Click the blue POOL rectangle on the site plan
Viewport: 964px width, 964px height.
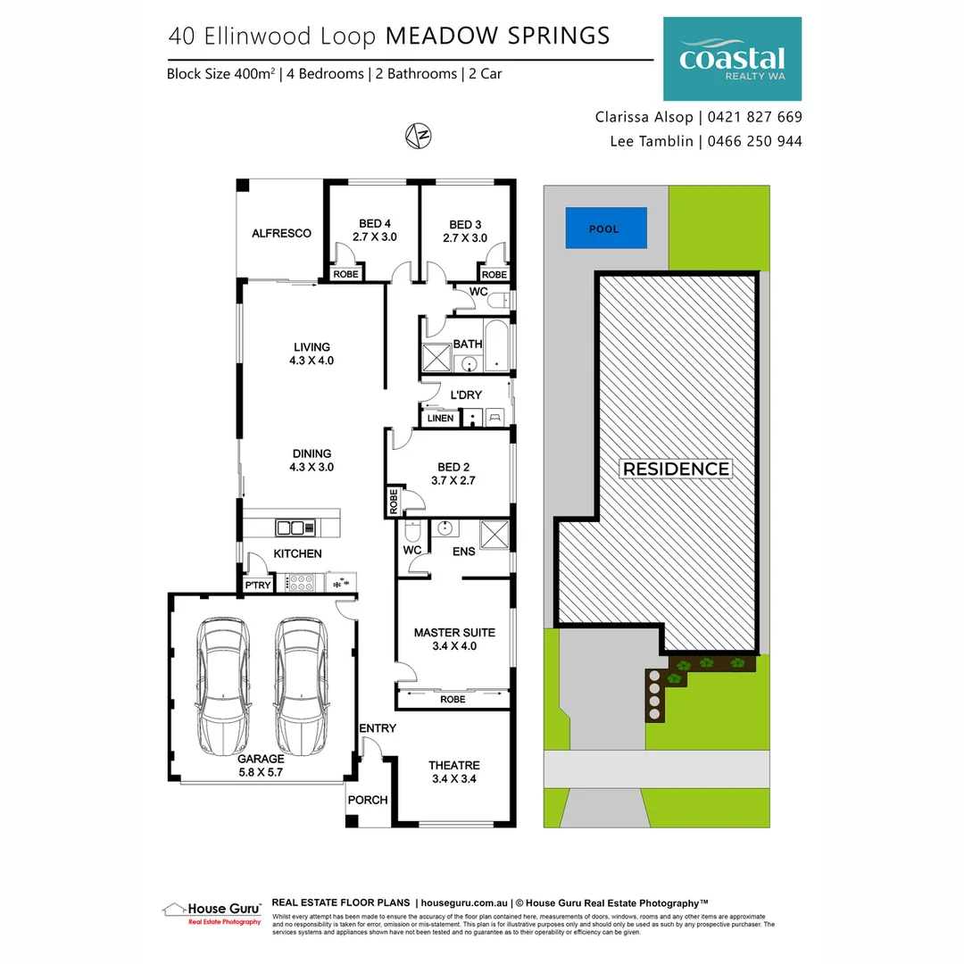(604, 229)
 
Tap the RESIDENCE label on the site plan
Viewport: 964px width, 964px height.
(676, 469)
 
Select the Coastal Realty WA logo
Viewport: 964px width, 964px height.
(731, 59)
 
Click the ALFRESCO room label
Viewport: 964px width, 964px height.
(281, 233)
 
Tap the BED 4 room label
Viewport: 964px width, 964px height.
(375, 224)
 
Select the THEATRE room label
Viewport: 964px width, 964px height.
(453, 765)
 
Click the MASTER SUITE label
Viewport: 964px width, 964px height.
(453, 633)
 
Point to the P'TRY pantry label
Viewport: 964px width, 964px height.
(257, 586)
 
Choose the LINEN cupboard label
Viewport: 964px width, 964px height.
(441, 418)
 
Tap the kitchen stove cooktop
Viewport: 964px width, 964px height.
(299, 583)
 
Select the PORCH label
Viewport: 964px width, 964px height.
(367, 800)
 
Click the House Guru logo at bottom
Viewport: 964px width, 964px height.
(212, 911)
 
